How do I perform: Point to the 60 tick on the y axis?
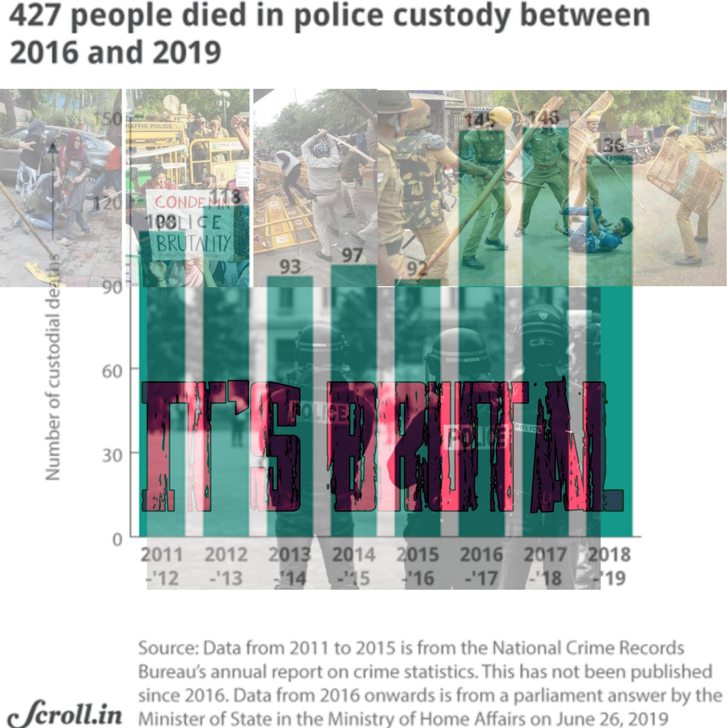pyautogui.click(x=112, y=372)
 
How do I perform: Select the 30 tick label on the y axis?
pyautogui.click(x=112, y=456)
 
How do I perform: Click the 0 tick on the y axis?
pyautogui.click(x=117, y=540)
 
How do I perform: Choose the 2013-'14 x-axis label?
pyautogui.click(x=290, y=566)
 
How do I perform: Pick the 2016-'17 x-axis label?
pyautogui.click(x=481, y=566)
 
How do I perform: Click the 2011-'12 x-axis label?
pyautogui.click(x=162, y=566)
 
